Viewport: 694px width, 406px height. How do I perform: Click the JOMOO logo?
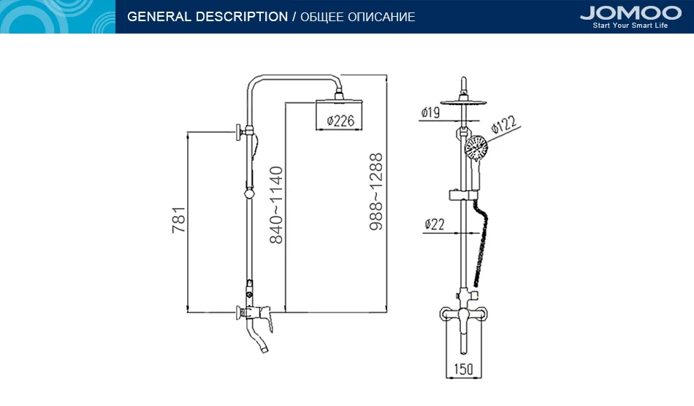click(x=630, y=12)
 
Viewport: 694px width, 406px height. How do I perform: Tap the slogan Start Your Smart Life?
click(x=630, y=26)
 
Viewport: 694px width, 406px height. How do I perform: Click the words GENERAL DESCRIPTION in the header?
click(x=207, y=17)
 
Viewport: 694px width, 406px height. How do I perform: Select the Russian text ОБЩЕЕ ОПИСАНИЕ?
click(x=358, y=18)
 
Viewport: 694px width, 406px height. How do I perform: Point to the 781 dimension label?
click(x=179, y=220)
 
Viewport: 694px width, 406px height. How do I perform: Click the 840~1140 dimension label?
click(x=276, y=204)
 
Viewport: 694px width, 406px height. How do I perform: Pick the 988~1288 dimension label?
click(x=376, y=191)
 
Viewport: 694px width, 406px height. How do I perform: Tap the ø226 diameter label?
click(x=340, y=120)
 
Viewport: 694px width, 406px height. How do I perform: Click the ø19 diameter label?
click(x=430, y=112)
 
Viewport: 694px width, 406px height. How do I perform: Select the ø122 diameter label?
click(x=503, y=125)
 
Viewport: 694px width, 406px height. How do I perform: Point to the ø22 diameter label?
click(x=434, y=225)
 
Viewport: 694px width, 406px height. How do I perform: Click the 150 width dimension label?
click(x=463, y=369)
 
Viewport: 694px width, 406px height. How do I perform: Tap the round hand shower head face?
click(x=476, y=149)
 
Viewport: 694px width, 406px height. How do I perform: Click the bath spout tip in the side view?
click(x=264, y=349)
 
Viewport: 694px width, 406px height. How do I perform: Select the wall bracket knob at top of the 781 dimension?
click(x=240, y=132)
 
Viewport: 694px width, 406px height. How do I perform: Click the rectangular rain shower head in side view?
click(x=339, y=115)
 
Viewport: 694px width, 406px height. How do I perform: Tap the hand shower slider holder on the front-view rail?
click(x=464, y=195)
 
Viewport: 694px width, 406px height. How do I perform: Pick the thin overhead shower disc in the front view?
click(x=463, y=103)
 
